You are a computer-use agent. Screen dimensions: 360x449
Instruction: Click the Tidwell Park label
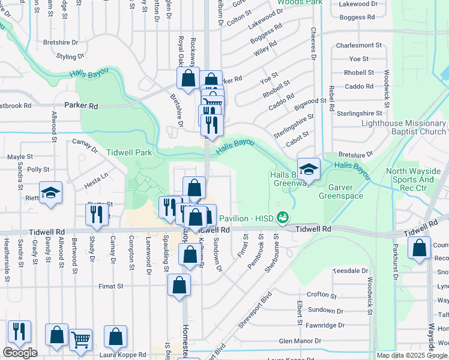(129, 152)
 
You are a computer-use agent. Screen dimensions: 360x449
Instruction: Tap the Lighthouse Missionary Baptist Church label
(403, 128)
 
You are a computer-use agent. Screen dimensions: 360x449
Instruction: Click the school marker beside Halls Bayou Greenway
(309, 169)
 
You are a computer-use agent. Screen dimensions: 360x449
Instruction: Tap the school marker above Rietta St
(50, 193)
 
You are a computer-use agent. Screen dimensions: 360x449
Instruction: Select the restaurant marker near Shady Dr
(96, 215)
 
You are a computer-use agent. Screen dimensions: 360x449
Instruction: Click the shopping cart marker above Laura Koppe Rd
(80, 340)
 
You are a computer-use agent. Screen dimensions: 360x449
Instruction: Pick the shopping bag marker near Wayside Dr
(419, 248)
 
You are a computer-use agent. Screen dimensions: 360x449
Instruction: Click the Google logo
(20, 353)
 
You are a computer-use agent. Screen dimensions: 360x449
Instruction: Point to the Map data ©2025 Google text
(412, 355)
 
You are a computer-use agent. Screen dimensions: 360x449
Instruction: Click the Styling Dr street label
(70, 57)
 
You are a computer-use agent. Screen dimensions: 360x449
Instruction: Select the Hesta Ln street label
(95, 176)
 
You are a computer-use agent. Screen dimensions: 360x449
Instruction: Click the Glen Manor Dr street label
(300, 341)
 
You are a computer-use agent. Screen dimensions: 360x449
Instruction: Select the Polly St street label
(38, 170)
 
